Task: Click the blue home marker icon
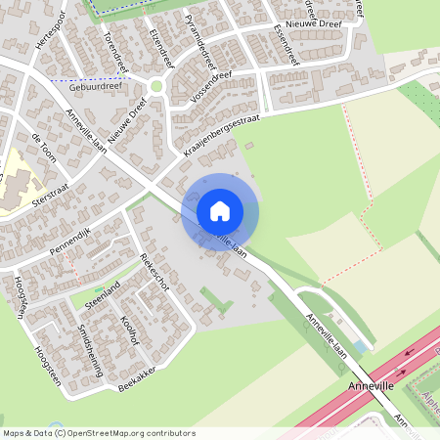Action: (220, 210)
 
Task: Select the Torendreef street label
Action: (116, 54)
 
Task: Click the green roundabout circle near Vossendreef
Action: (156, 86)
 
